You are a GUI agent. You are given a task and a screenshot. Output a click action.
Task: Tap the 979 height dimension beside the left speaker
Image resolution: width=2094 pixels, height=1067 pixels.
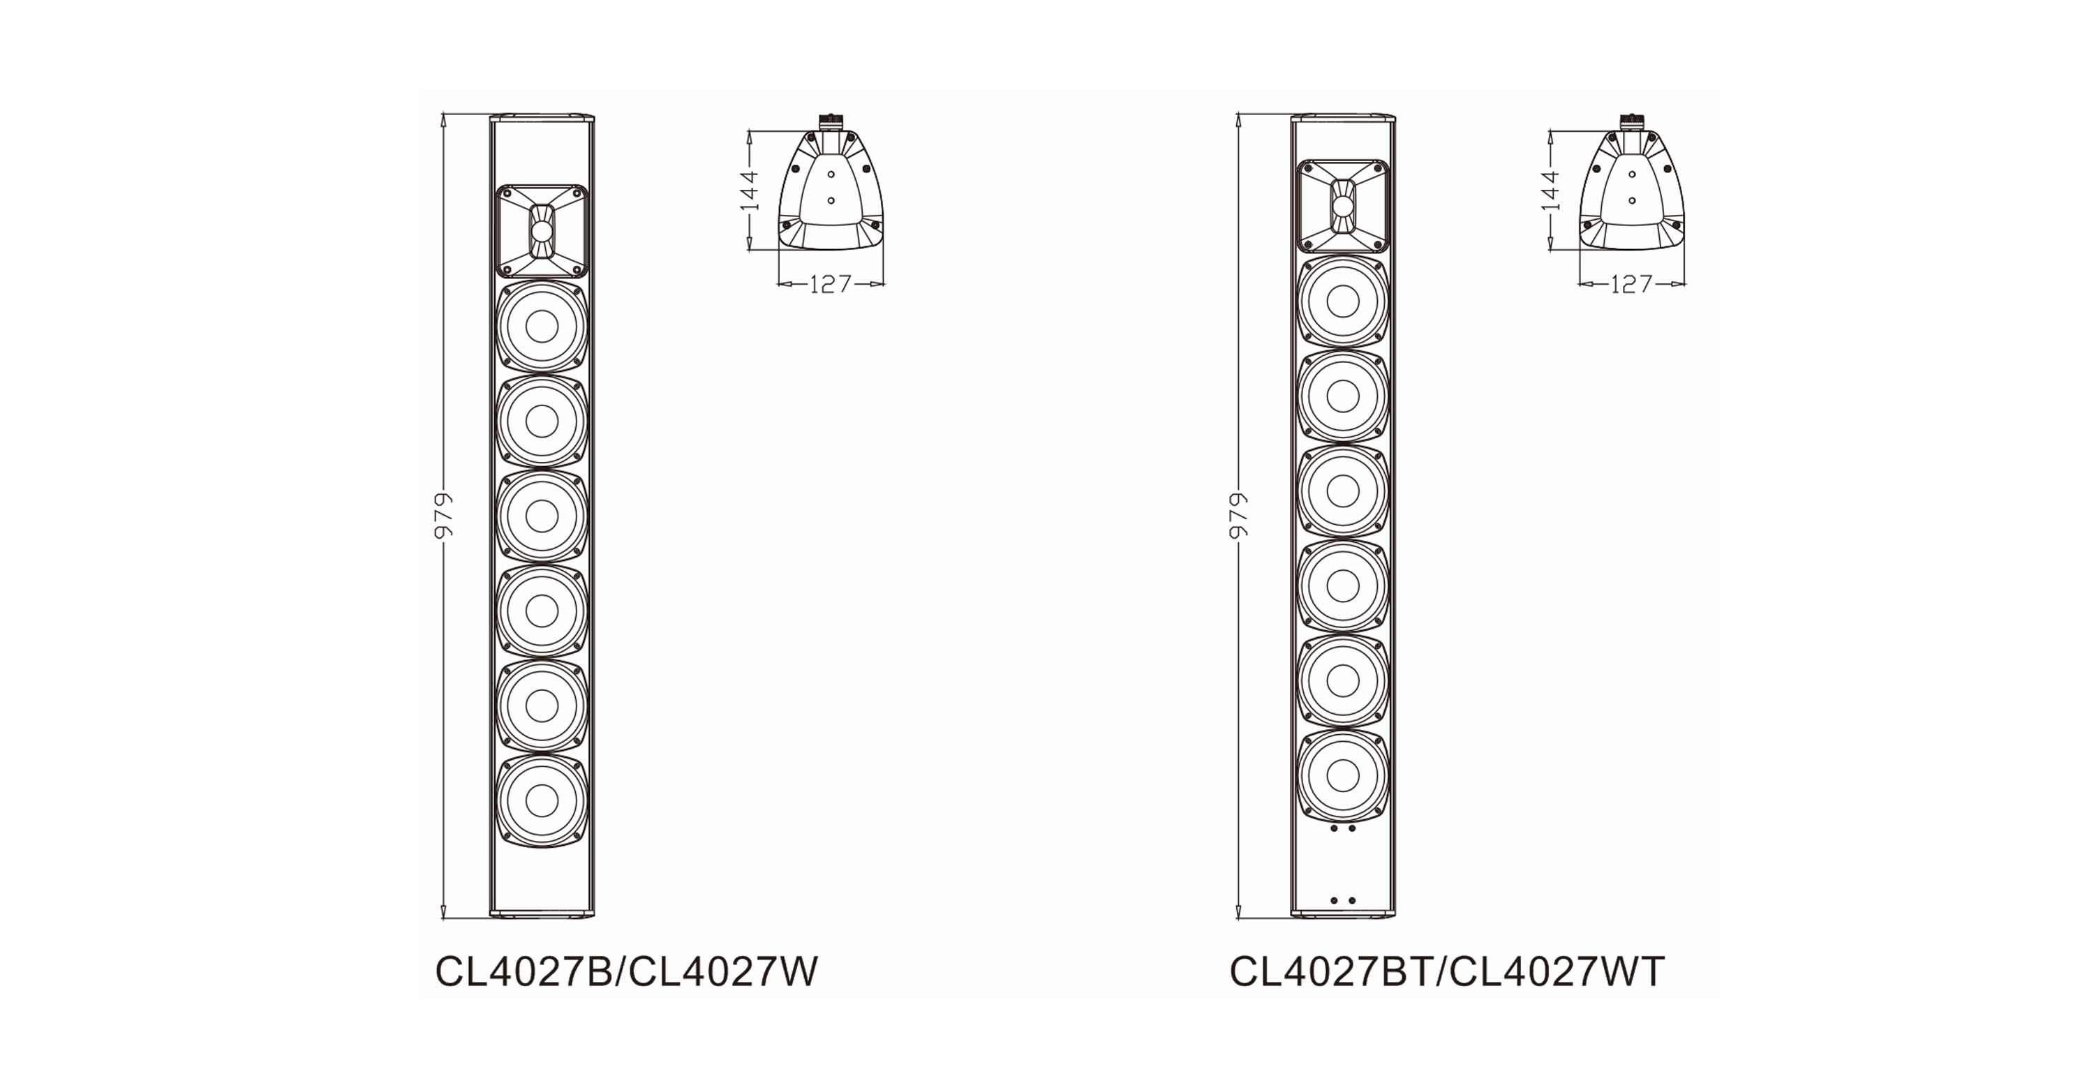(x=444, y=515)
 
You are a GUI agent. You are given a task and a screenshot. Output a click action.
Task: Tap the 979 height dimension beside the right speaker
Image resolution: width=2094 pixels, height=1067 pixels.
(x=1238, y=515)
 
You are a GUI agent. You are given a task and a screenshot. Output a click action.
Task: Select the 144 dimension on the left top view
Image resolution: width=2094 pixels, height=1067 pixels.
(x=750, y=190)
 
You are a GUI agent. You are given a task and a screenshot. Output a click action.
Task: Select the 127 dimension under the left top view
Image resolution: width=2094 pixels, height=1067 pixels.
(x=831, y=283)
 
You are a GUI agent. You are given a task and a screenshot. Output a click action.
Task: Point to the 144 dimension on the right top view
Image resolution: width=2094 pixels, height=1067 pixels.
(x=1550, y=190)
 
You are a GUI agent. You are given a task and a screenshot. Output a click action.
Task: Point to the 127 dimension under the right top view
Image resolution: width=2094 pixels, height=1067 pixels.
(x=1631, y=283)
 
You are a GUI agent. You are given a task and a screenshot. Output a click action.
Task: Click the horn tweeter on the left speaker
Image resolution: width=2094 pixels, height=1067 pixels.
(x=542, y=230)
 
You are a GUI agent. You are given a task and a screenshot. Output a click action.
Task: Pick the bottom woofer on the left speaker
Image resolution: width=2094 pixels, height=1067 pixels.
(x=542, y=801)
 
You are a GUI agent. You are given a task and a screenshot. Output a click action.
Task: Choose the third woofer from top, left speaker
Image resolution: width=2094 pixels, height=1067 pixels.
(x=542, y=516)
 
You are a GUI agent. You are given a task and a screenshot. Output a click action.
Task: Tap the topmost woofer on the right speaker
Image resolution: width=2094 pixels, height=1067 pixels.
(x=1342, y=301)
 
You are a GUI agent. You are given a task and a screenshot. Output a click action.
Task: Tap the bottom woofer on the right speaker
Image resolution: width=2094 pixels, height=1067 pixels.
(x=1342, y=776)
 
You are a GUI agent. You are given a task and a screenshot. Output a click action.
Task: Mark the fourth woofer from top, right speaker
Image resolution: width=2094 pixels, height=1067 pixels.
(x=1342, y=586)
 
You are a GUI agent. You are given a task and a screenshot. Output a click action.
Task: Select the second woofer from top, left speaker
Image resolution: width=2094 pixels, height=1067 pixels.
(x=542, y=421)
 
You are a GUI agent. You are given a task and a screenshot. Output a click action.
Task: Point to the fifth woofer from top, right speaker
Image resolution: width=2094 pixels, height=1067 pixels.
(x=1342, y=681)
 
